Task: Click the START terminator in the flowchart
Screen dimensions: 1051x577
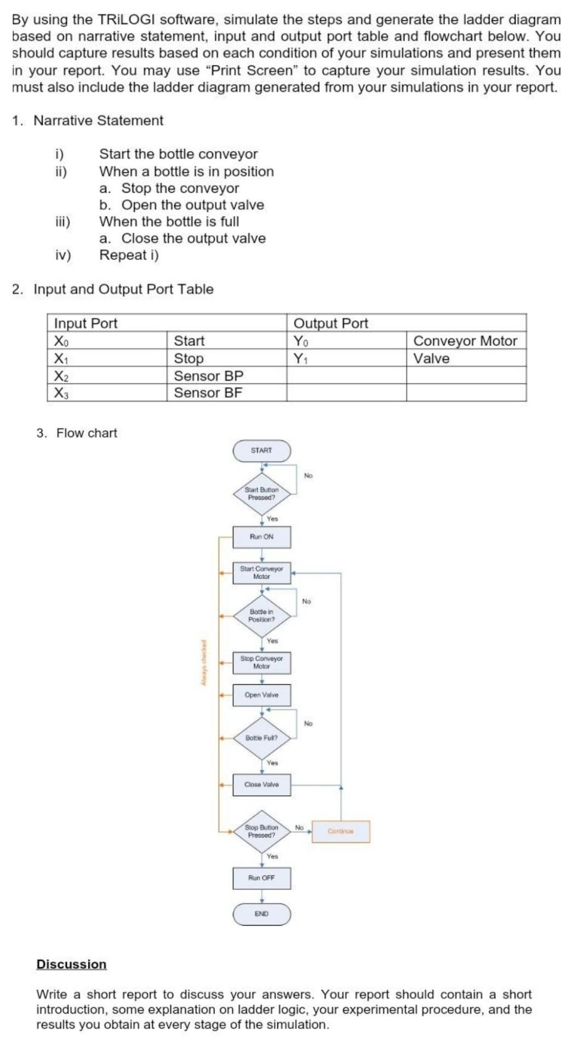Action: (261, 451)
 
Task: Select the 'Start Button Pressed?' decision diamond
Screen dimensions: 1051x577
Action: (261, 494)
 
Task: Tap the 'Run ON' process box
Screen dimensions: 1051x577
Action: (261, 537)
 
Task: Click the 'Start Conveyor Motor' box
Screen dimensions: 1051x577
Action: (261, 573)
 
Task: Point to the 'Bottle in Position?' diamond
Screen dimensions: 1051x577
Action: (261, 616)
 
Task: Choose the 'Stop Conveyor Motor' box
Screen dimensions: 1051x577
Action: (261, 662)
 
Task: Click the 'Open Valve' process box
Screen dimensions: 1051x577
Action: (261, 695)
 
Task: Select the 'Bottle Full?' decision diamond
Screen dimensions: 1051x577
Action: (261, 738)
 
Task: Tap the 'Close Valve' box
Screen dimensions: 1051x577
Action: (261, 784)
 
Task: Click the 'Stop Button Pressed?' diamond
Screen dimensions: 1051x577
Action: (261, 831)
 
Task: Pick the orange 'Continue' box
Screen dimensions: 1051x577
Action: (341, 831)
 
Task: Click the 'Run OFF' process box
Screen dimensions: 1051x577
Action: (261, 877)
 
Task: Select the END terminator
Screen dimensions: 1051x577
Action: (261, 914)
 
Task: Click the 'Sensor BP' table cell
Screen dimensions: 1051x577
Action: (208, 376)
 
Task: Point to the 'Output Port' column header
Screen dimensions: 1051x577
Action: (331, 323)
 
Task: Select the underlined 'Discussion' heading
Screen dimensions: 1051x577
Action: (71, 964)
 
